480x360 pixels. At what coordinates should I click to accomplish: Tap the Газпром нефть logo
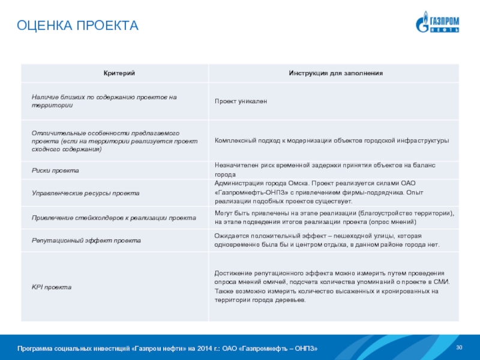click(x=437, y=22)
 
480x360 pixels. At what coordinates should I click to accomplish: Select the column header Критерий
click(x=115, y=73)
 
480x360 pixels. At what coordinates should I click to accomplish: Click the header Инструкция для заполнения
click(x=335, y=73)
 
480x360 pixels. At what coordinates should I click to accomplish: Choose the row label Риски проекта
click(x=56, y=170)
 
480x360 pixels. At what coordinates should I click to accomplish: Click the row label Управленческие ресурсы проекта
click(x=85, y=193)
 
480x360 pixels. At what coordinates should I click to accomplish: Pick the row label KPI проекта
click(x=52, y=287)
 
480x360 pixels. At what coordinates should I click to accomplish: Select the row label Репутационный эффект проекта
click(x=86, y=240)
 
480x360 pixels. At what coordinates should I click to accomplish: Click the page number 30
click(x=460, y=349)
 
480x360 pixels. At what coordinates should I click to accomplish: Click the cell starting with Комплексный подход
click(x=332, y=140)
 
